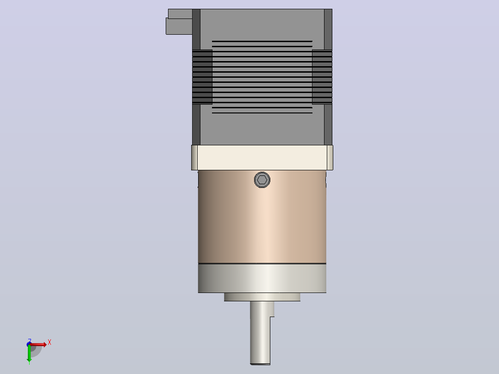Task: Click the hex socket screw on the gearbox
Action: pos(262,180)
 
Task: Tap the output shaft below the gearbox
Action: pos(260,333)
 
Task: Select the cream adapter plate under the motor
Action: pos(262,157)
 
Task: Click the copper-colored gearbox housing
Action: pos(262,217)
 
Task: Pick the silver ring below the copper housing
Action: pos(262,278)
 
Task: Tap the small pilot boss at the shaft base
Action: pos(262,297)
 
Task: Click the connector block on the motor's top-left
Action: pos(179,22)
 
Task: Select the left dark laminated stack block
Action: pos(202,77)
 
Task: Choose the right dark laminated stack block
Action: pos(322,77)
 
